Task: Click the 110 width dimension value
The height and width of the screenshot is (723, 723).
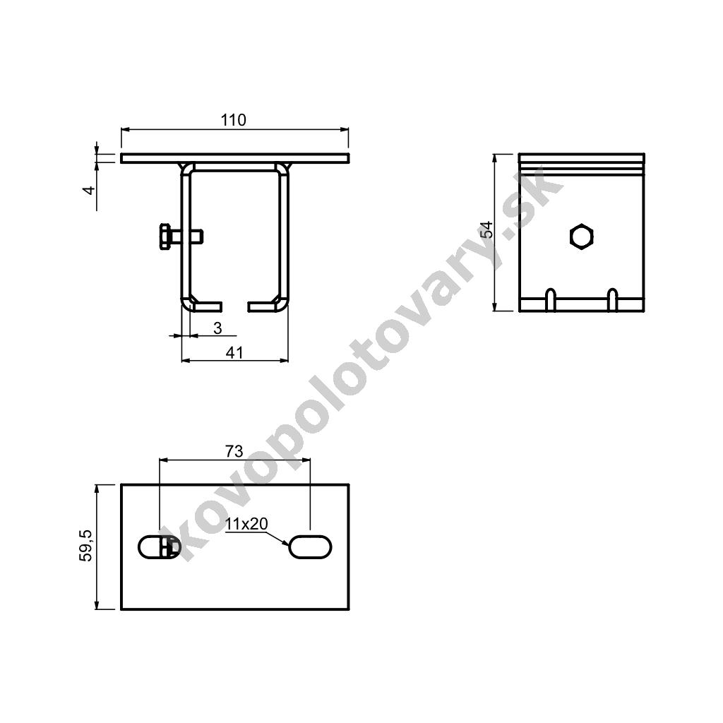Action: click(233, 120)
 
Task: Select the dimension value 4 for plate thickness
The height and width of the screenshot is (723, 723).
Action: click(90, 189)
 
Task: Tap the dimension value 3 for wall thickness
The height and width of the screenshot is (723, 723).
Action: click(217, 328)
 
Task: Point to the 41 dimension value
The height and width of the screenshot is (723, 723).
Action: click(234, 353)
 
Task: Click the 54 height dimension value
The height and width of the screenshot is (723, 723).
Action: click(487, 229)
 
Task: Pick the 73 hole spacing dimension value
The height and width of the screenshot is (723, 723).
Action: click(234, 451)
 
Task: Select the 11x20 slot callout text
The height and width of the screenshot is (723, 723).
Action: click(246, 524)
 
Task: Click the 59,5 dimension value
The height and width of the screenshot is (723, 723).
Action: click(86, 546)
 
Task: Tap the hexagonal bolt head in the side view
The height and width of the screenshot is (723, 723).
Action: click(582, 237)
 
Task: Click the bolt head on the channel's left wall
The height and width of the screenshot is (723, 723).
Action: click(165, 237)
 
